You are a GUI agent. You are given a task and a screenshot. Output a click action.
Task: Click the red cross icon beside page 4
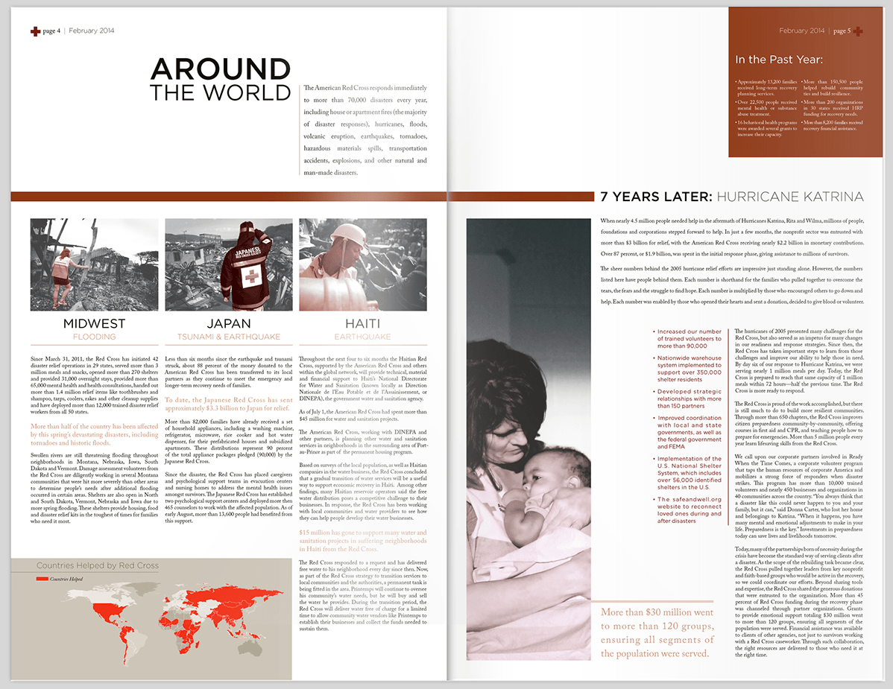pyautogui.click(x=35, y=31)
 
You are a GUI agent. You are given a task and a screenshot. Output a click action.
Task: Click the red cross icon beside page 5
pyautogui.click(x=857, y=31)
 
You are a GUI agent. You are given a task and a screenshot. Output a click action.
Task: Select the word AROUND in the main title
pyautogui.click(x=220, y=69)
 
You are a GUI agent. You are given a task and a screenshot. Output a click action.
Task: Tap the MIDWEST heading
pyautogui.click(x=94, y=324)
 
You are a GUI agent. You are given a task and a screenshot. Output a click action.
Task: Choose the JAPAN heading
pyautogui.click(x=228, y=324)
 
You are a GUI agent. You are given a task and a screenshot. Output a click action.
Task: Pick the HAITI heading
pyautogui.click(x=362, y=324)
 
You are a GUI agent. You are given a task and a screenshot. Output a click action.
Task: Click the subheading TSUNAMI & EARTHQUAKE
pyautogui.click(x=228, y=337)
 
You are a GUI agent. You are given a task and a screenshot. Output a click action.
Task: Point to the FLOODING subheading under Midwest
pyautogui.click(x=94, y=337)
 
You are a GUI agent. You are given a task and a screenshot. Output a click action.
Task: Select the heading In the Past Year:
pyautogui.click(x=779, y=60)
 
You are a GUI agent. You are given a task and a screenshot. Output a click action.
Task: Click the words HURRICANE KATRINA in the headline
pyautogui.click(x=789, y=197)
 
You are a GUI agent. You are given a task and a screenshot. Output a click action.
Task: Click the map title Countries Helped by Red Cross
pyautogui.click(x=98, y=565)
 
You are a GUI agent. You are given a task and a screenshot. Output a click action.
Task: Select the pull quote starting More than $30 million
pyautogui.click(x=657, y=632)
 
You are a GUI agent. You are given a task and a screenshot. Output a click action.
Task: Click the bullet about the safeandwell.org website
pyautogui.click(x=690, y=509)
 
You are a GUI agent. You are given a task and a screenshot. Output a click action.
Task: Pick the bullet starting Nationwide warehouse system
pyautogui.click(x=690, y=368)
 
